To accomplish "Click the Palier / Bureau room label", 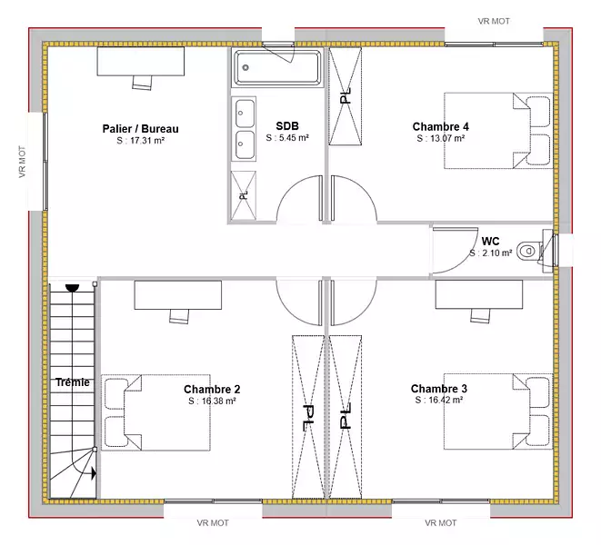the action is pyautogui.click(x=140, y=129).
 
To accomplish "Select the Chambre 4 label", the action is pyautogui.click(x=440, y=126).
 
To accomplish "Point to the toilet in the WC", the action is pyautogui.click(x=530, y=252).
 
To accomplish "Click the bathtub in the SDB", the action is pyautogui.click(x=278, y=67).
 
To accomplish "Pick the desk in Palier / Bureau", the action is pyautogui.click(x=141, y=61).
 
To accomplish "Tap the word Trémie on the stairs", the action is pyautogui.click(x=73, y=382).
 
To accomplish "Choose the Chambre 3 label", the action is pyautogui.click(x=439, y=389).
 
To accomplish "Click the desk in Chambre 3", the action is pyautogui.click(x=479, y=294).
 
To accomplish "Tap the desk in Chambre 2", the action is pyautogui.click(x=178, y=295).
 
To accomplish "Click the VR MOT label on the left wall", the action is pyautogui.click(x=22, y=162).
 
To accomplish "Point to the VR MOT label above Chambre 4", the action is pyautogui.click(x=494, y=22).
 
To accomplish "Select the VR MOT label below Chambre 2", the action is pyautogui.click(x=213, y=523).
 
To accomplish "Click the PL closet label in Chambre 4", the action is pyautogui.click(x=346, y=95).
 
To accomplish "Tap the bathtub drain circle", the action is pyautogui.click(x=245, y=67).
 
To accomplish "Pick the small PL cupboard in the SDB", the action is pyautogui.click(x=244, y=195).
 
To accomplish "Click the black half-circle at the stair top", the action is pyautogui.click(x=72, y=288).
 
